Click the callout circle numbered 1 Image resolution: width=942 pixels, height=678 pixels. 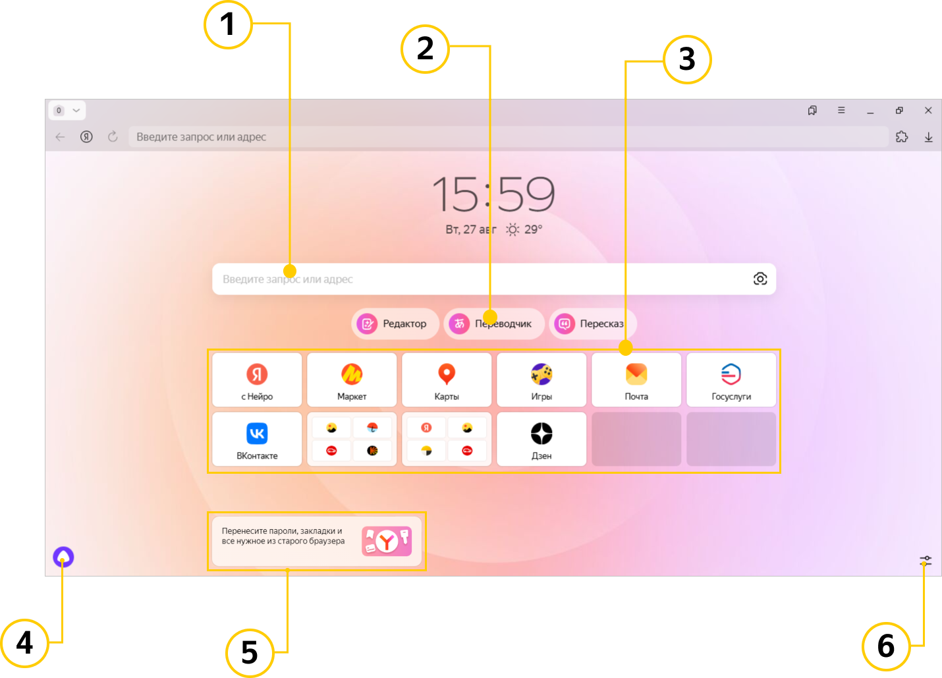point(228,24)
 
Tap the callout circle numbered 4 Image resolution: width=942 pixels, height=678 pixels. point(24,643)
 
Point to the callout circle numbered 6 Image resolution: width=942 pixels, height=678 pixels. point(886,646)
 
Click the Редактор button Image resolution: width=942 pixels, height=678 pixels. point(395,324)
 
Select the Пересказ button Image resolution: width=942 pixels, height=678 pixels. point(592,324)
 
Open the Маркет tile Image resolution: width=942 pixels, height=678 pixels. point(352,380)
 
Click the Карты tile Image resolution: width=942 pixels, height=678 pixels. point(447,380)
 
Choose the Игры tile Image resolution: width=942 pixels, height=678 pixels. point(541,380)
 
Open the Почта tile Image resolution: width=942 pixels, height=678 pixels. point(636,380)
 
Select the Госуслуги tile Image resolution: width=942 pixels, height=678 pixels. point(731,380)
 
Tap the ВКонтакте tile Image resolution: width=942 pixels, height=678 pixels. point(257,439)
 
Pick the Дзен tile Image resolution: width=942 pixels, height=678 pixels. point(541,439)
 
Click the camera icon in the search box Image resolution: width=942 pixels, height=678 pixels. point(760,279)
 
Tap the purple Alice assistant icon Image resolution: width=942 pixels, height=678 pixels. point(63,557)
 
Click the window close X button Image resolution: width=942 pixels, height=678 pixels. point(928,110)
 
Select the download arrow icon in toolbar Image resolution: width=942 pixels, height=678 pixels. point(928,137)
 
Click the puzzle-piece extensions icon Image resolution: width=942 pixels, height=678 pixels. point(902,136)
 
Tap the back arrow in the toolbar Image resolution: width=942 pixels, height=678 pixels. point(60,136)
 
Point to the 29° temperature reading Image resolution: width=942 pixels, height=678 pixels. point(533,229)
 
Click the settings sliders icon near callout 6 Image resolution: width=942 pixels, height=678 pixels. point(926,560)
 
